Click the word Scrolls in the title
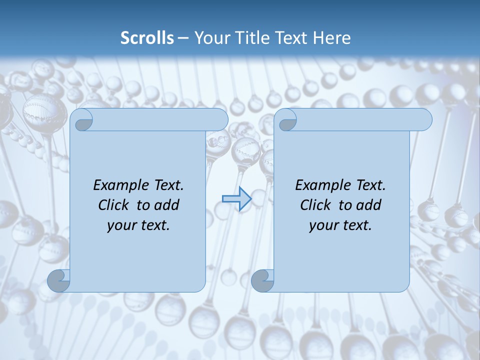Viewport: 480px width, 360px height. point(147,38)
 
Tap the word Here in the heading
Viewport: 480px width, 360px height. point(331,38)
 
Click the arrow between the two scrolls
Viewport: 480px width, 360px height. point(236,199)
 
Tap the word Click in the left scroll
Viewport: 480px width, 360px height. point(114,205)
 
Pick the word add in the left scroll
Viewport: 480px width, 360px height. point(166,205)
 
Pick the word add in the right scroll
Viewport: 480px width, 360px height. point(368,205)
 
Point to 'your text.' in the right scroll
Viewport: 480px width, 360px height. point(340,225)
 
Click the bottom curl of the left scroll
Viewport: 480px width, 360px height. point(59,280)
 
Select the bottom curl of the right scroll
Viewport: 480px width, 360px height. point(262,280)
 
